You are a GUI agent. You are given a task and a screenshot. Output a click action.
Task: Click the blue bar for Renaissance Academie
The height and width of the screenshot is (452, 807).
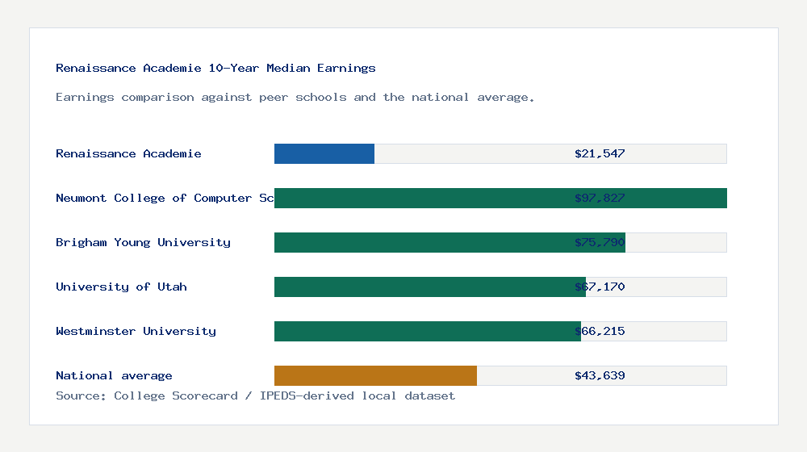324,153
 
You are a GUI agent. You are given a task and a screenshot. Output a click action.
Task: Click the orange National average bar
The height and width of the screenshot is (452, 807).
375,375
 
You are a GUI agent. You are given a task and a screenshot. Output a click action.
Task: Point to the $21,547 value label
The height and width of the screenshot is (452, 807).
600,153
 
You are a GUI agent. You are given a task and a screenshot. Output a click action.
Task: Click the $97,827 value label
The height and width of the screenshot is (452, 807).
600,198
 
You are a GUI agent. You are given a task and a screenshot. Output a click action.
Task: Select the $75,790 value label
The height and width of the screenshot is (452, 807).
600,242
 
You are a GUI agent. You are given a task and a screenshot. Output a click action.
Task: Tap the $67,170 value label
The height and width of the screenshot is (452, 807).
600,287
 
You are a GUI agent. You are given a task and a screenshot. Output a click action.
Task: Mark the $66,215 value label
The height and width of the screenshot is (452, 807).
600,331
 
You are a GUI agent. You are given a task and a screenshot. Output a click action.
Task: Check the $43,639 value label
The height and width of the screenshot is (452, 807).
600,375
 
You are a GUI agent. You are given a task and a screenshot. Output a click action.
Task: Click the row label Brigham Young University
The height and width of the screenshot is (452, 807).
143,242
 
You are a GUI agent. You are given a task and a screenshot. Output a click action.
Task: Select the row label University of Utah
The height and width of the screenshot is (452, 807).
121,287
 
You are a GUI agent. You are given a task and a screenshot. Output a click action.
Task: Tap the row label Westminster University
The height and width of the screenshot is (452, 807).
136,331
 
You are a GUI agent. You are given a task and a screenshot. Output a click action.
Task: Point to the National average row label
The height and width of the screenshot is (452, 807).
114,375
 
